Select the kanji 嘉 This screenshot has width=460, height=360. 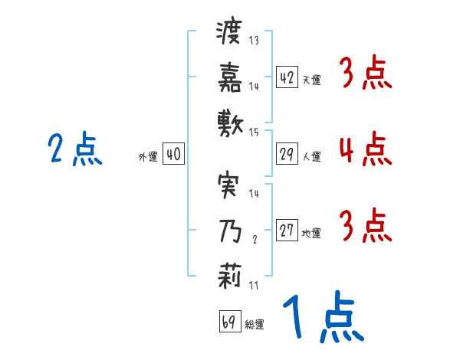pos(229,77)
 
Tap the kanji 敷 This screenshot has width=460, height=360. pos(229,121)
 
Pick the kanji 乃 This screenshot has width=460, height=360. pos(229,228)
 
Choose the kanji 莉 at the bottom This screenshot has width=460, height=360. pos(229,273)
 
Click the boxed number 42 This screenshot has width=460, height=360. pos(287,77)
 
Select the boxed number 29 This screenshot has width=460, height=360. pos(287,154)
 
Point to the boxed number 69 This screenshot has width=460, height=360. pos(228,322)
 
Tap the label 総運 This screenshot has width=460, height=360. pos(254,324)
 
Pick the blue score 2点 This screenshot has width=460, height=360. pos(74,149)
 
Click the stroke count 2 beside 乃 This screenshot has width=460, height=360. pos(254,238)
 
